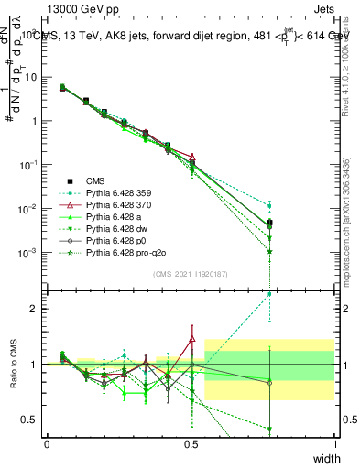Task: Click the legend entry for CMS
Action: (x=96, y=182)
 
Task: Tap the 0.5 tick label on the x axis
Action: (x=191, y=443)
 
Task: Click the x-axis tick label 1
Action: (x=334, y=443)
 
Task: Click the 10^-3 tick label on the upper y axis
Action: (x=27, y=252)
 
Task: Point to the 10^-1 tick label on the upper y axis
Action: (x=27, y=164)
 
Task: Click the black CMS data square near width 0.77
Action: (x=269, y=223)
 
